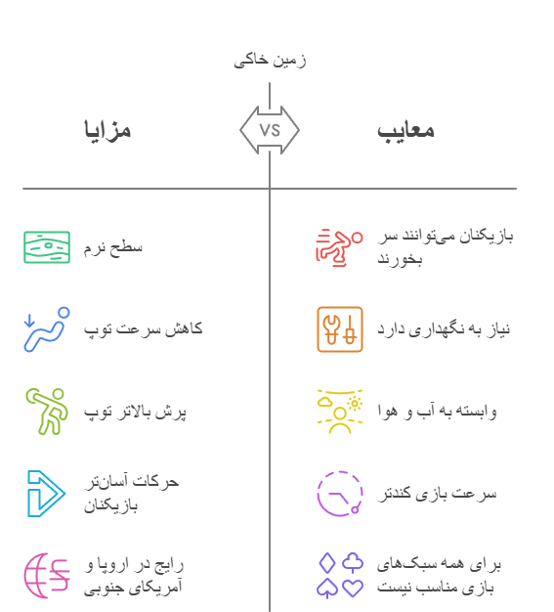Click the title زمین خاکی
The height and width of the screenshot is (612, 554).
tap(270, 61)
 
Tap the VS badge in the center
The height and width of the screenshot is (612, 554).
tap(270, 130)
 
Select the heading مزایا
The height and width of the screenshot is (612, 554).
tap(107, 130)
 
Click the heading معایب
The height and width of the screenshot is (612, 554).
tap(405, 131)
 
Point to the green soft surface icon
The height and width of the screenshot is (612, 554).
tap(47, 247)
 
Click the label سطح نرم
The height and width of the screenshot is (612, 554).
tap(112, 248)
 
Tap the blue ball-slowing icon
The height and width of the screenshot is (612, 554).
tap(47, 329)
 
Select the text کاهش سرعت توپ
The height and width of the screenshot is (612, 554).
tap(144, 329)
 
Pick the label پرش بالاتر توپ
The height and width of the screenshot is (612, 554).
tap(135, 413)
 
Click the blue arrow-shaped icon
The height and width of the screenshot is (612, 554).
tap(46, 494)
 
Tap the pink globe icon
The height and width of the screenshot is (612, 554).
tap(47, 576)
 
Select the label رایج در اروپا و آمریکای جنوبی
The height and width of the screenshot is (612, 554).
tap(134, 576)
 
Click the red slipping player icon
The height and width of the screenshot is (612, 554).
tap(339, 247)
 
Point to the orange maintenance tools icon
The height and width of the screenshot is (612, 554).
tap(340, 329)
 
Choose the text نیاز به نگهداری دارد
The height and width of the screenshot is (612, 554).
tap(444, 329)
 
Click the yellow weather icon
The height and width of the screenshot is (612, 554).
tap(340, 412)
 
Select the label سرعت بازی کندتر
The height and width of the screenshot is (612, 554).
tap(438, 494)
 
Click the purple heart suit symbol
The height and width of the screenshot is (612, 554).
tap(353, 588)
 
